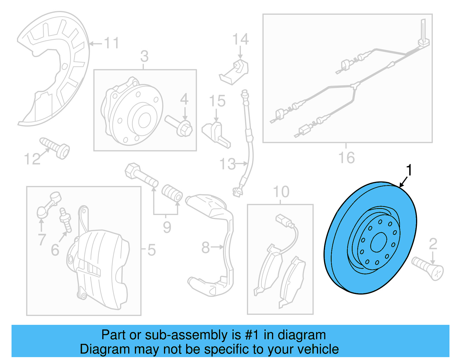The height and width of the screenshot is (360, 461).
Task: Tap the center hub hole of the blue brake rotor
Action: click(378, 242)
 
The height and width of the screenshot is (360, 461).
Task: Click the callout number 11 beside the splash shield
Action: click(112, 43)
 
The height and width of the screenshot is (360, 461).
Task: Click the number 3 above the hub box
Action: click(144, 56)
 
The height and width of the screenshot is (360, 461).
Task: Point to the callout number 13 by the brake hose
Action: click(227, 164)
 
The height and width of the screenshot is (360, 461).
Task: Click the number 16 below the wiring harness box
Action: click(346, 158)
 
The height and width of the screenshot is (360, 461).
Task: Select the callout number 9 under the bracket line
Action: click(167, 227)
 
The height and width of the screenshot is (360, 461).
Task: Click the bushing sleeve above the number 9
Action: click(172, 193)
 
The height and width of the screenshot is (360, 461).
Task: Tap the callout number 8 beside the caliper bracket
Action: click(205, 248)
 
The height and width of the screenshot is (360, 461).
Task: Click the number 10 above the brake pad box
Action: click(281, 192)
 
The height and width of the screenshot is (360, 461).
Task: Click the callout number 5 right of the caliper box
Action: click(152, 250)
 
